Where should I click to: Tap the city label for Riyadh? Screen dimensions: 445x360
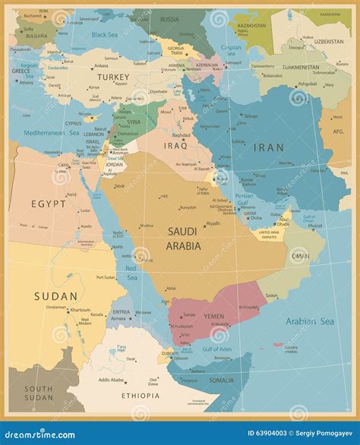pyautogui.click(x=213, y=223)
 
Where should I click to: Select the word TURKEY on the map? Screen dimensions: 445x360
pyautogui.click(x=113, y=77)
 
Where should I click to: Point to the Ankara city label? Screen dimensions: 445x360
pyautogui.click(x=101, y=66)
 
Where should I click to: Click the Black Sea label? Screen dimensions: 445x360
pyautogui.click(x=105, y=34)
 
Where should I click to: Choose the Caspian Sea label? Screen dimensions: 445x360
pyautogui.click(x=231, y=51)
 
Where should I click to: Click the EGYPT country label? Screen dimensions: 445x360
pyautogui.click(x=48, y=204)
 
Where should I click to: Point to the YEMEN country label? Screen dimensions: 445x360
pyautogui.click(x=214, y=317)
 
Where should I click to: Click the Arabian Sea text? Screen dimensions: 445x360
pyautogui.click(x=311, y=321)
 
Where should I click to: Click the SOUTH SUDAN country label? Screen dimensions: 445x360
pyautogui.click(x=39, y=393)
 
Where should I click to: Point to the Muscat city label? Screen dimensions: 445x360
pyautogui.click(x=314, y=226)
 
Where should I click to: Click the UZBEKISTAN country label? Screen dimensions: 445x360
pyautogui.click(x=328, y=41)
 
